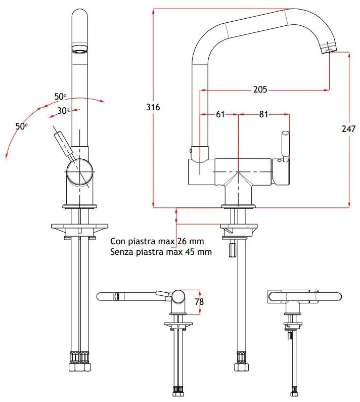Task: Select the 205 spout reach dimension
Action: click(260, 90)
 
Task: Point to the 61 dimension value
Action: click(220, 115)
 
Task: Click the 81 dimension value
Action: click(263, 115)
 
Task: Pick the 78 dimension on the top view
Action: click(199, 302)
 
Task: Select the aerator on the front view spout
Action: click(79, 50)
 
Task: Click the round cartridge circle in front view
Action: click(79, 171)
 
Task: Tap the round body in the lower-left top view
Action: click(179, 297)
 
